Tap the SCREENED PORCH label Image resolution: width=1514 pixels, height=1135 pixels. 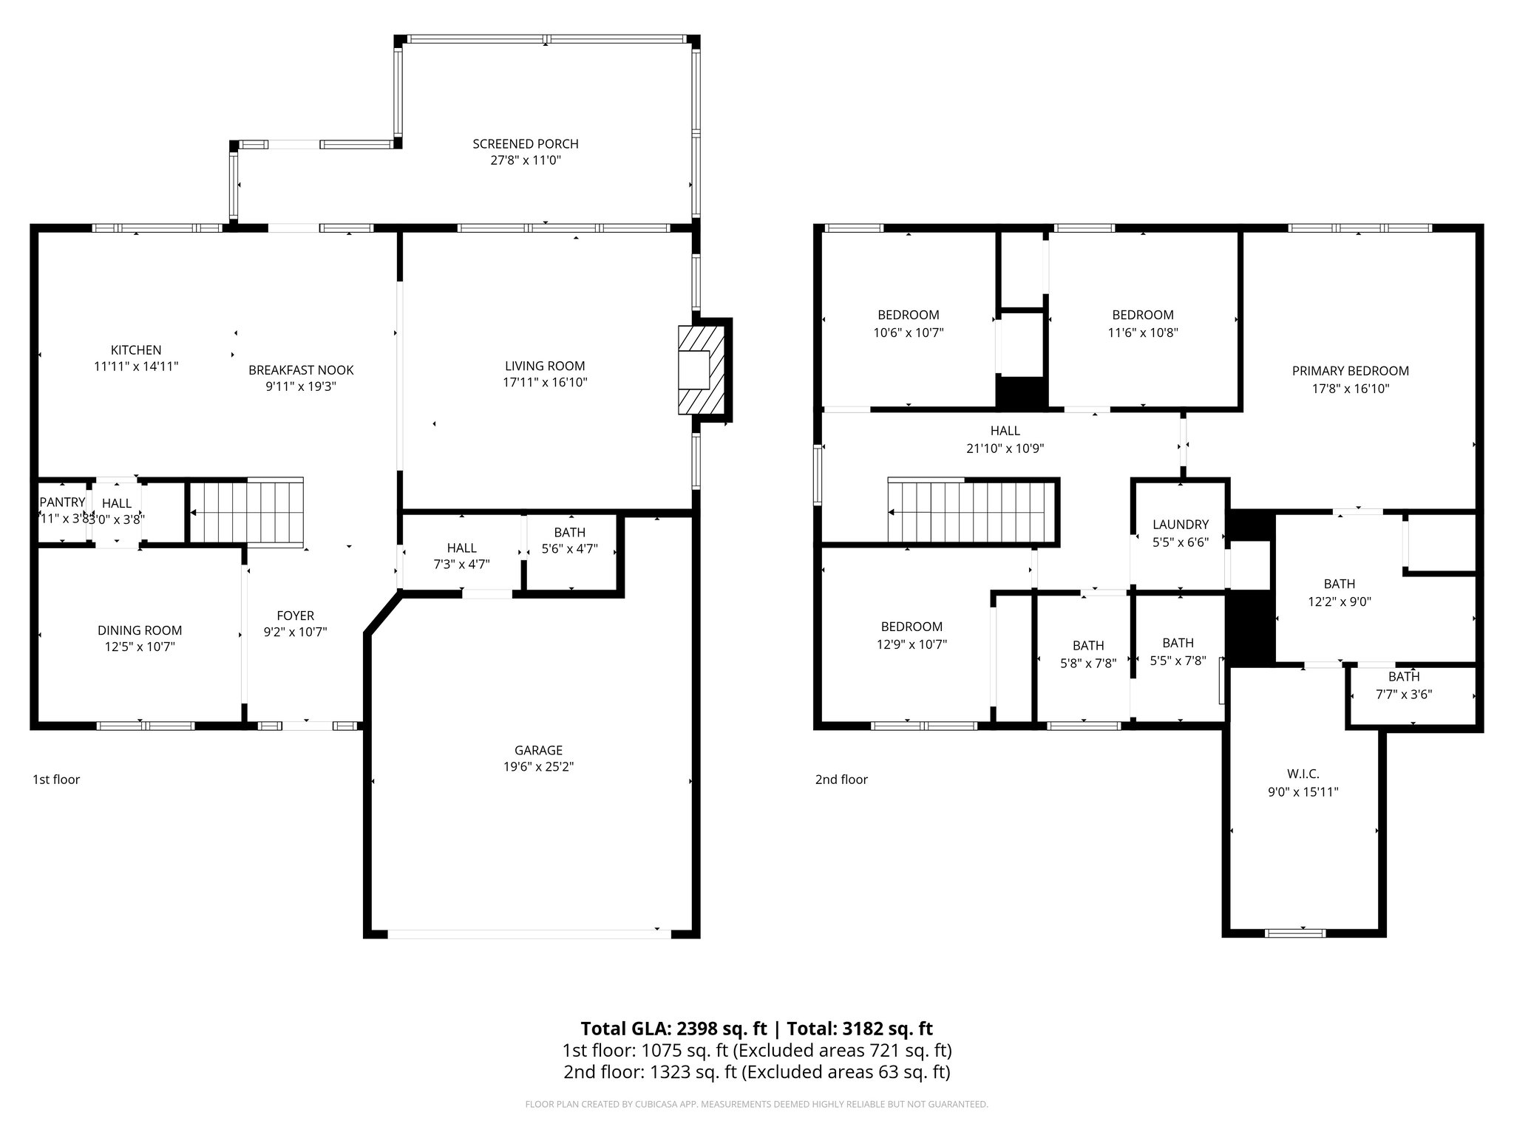point(525,144)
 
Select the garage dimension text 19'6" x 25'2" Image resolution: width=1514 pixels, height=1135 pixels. point(538,767)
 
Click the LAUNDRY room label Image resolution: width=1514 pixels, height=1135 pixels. point(1180,525)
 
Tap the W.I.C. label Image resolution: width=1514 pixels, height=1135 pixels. point(1303,774)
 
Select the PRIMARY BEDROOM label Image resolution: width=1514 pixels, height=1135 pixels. point(1350,371)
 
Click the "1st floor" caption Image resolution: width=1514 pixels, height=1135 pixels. point(56,780)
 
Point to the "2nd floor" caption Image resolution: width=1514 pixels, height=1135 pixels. point(841,780)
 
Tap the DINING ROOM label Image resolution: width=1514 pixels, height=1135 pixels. point(140,630)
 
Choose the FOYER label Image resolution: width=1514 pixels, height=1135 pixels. point(295,616)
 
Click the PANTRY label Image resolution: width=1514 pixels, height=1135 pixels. point(62,502)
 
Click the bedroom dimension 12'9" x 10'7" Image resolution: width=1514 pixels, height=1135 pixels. point(912,644)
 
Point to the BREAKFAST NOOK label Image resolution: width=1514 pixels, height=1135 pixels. point(301,370)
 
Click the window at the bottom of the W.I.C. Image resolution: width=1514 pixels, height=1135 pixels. point(1295,933)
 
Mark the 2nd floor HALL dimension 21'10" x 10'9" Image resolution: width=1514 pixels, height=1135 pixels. point(1005,448)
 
